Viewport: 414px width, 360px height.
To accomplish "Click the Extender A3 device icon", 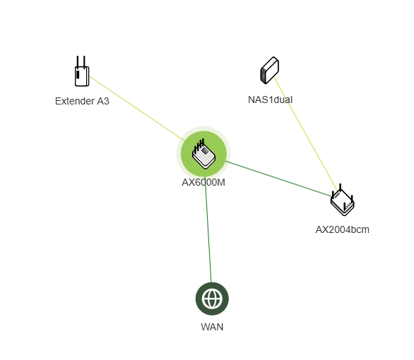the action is pos(82,71).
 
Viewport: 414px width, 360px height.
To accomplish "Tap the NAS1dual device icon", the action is pos(270,71).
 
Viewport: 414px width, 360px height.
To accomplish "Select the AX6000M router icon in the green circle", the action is pos(203,154).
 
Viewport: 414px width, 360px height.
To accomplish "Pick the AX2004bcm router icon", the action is pos(343,200).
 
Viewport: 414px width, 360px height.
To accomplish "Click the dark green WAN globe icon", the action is pos(212,299).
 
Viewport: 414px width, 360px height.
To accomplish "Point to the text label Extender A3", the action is pos(82,101).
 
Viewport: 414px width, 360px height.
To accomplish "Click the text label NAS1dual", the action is pos(270,100).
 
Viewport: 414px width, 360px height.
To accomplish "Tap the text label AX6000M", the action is pos(203,183).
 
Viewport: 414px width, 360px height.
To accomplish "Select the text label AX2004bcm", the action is pos(343,229).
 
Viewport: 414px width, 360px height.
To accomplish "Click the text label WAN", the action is pos(212,327).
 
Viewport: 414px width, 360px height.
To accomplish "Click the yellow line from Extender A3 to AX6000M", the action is pos(137,109).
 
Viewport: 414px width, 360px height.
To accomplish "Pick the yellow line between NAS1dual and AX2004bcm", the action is pos(306,133).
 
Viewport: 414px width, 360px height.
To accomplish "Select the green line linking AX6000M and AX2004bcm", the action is pos(278,179).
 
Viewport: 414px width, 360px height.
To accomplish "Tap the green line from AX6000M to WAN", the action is pos(208,229).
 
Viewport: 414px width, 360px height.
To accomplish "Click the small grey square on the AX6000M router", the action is pos(205,151).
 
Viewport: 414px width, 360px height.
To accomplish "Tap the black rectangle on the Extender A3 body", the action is pos(78,74).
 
